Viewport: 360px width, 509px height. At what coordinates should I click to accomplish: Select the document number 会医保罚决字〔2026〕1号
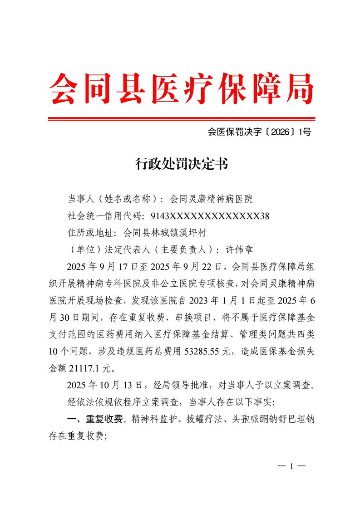[x=259, y=132]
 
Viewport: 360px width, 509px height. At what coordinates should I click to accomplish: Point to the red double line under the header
[x=180, y=119]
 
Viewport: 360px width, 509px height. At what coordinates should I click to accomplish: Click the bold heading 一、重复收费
[x=95, y=420]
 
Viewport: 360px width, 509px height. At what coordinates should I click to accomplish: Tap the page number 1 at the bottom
[x=291, y=466]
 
